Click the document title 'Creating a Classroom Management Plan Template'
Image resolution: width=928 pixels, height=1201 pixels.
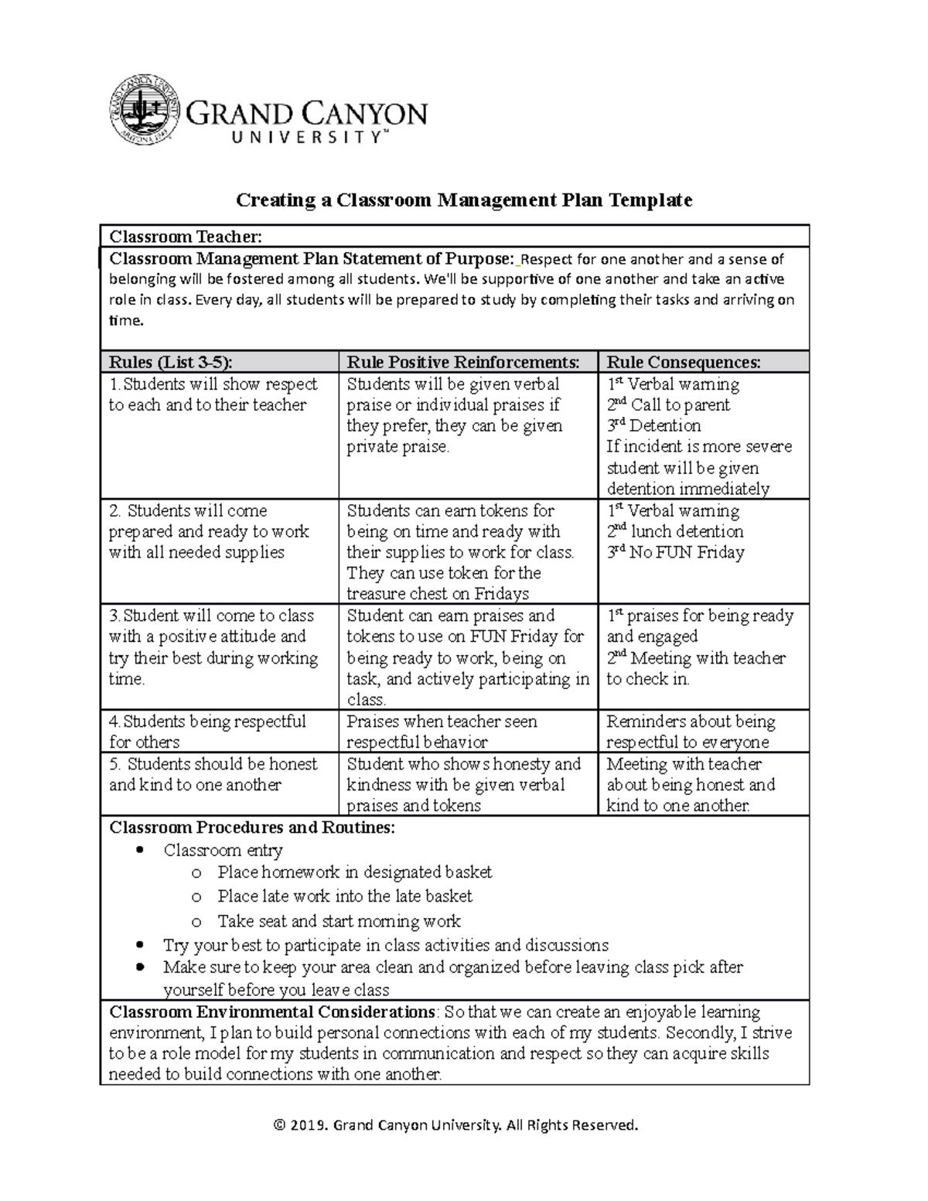coord(463,200)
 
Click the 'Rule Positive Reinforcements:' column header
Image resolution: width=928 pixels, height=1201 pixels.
coord(462,362)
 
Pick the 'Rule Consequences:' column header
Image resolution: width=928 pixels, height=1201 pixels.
coord(684,362)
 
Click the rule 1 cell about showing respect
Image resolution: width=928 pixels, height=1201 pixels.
coord(213,394)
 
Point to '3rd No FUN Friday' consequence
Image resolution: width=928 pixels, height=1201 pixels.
coord(675,552)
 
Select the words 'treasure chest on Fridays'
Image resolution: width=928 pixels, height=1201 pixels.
coord(438,594)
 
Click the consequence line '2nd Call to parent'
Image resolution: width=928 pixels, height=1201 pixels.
coord(668,404)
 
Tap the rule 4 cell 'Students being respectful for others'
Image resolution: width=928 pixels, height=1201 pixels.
coord(207,732)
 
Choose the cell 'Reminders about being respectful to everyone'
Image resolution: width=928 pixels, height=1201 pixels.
coord(690,732)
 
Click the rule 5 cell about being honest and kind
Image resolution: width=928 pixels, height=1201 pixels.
coord(213,774)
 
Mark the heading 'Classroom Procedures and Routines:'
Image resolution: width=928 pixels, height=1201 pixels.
coord(252,827)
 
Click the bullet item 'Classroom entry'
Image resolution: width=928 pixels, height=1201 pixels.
coord(223,850)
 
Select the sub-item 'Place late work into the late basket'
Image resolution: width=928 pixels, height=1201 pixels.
coord(345,896)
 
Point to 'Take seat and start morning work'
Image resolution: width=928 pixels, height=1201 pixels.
coord(339,921)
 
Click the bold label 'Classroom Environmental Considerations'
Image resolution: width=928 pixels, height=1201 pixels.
coord(271,1012)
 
